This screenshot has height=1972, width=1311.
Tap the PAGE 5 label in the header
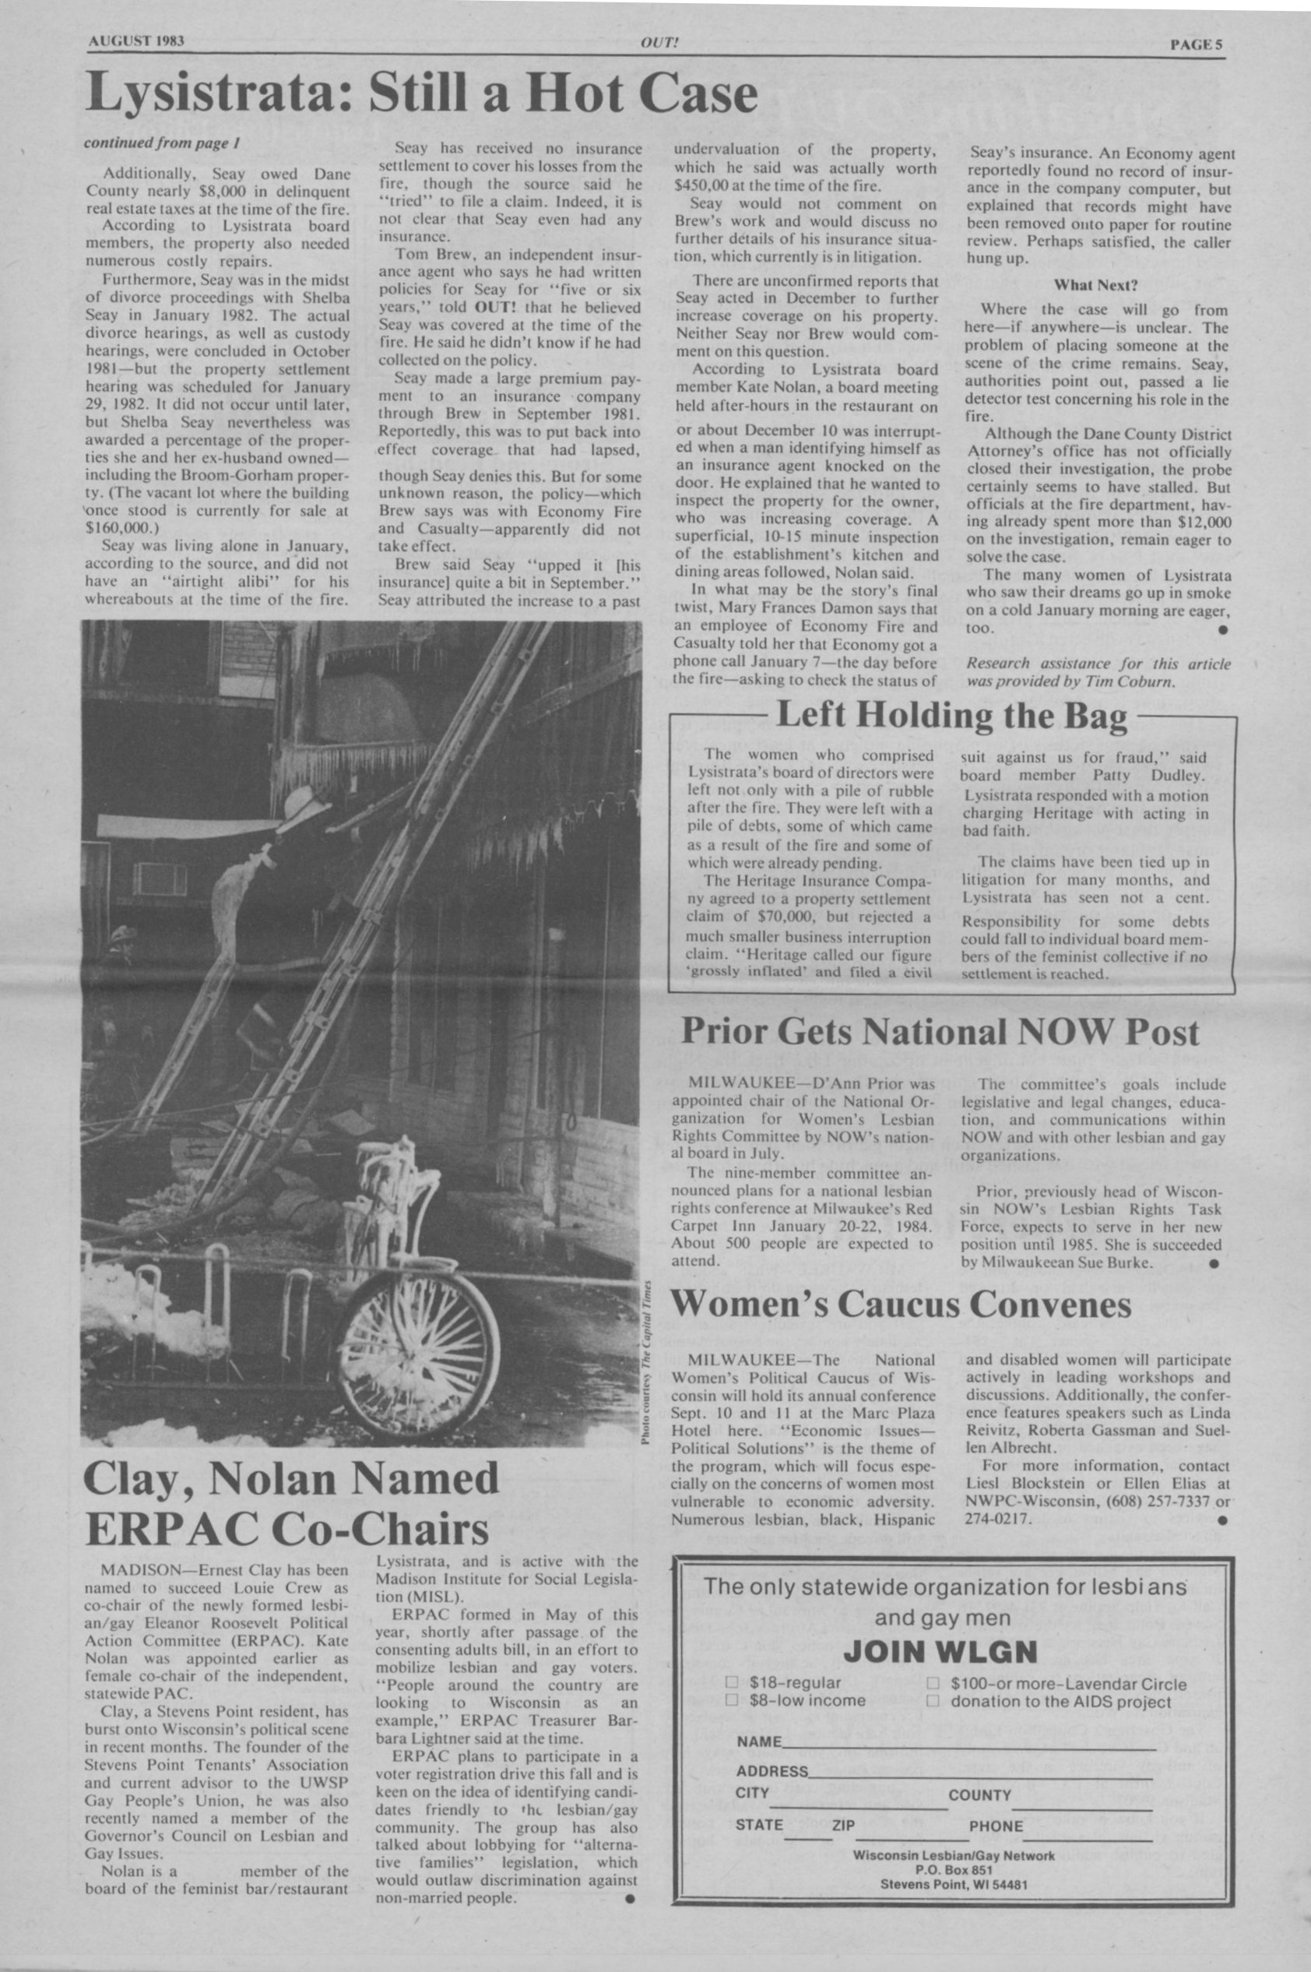1196,45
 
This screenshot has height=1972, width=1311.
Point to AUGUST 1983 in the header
135,42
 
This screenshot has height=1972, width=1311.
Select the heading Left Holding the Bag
951,716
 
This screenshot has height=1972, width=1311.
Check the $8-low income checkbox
732,1700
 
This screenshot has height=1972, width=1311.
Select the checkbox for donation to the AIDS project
933,1701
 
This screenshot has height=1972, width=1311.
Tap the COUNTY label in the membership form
979,1794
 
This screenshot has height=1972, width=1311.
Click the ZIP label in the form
843,1826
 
